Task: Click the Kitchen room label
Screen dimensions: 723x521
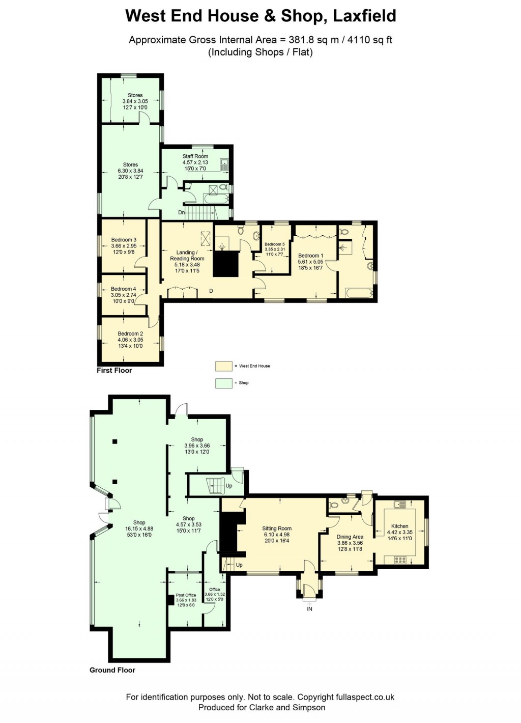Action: click(399, 526)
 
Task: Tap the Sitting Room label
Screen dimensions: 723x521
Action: click(277, 529)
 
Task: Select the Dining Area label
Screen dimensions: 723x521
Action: click(350, 537)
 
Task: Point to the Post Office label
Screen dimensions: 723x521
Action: click(186, 595)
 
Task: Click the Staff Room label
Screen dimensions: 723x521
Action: click(195, 156)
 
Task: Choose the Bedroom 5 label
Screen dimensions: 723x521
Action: click(275, 244)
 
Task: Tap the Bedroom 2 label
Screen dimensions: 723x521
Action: click(130, 334)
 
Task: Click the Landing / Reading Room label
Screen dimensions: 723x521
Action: click(187, 256)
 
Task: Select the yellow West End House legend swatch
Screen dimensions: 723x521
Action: click(223, 366)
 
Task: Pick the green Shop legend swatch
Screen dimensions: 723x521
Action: click(223, 383)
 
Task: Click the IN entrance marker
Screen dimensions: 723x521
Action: click(309, 609)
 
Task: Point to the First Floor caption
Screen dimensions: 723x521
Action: click(114, 370)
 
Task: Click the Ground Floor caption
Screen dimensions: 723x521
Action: click(112, 670)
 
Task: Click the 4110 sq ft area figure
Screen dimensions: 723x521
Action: click(370, 40)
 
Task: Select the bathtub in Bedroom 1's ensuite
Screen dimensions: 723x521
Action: click(358, 293)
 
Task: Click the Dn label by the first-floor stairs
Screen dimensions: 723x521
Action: click(181, 212)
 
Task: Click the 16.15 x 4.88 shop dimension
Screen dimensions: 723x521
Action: click(139, 529)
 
